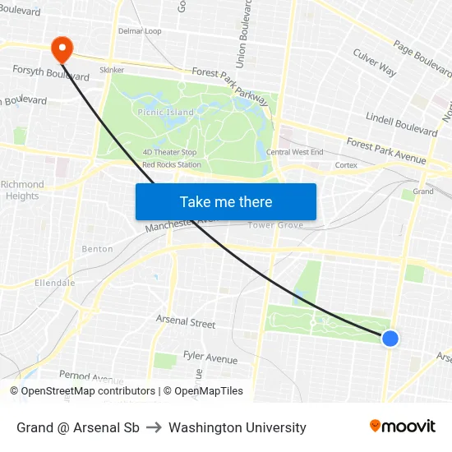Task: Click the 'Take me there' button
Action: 226,202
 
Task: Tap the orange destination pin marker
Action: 62,48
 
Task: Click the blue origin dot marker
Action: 390,338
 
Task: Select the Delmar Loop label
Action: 140,31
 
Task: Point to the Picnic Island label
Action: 166,112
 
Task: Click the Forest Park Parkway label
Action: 230,85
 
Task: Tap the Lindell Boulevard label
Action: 401,125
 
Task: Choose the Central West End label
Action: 295,152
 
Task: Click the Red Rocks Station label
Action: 171,164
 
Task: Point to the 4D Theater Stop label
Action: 169,152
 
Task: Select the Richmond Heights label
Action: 22,190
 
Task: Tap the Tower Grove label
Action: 271,225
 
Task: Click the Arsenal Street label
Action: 186,322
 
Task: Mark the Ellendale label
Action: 55,283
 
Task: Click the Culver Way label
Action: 374,62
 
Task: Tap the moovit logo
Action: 403,427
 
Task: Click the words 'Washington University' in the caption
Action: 238,427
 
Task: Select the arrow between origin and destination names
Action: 154,427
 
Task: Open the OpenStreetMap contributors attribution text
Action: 88,391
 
